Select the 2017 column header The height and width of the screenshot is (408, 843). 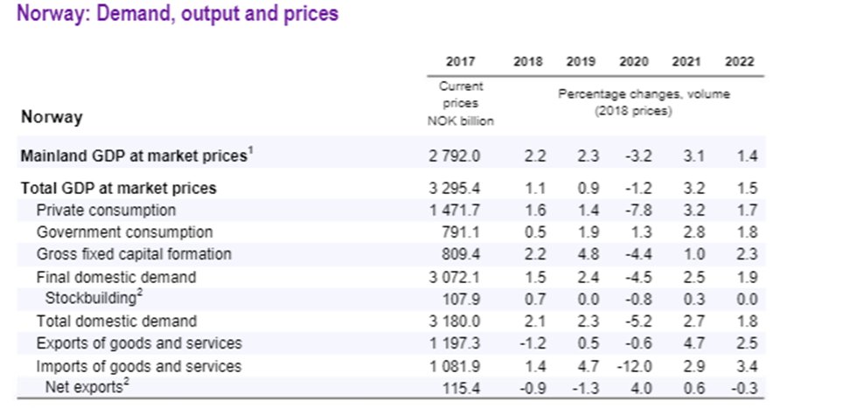pyautogui.click(x=460, y=62)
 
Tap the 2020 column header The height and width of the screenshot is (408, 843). pyautogui.click(x=634, y=62)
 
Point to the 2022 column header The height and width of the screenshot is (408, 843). pyautogui.click(x=739, y=62)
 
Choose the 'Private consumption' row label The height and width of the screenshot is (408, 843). pyautogui.click(x=106, y=211)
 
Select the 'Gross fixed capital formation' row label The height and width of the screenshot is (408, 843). pyautogui.click(x=134, y=254)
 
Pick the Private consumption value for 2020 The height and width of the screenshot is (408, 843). pyautogui.click(x=634, y=211)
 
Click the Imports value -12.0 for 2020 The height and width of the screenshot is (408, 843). pyautogui.click(x=631, y=366)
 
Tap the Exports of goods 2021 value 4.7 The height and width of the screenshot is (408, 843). pyautogui.click(x=687, y=343)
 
